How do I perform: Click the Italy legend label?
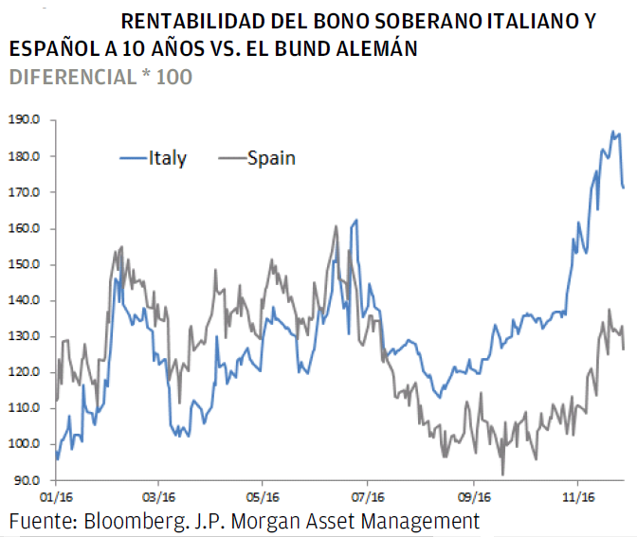pos(168,158)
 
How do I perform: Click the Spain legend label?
pos(271,158)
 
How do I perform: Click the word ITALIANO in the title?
pos(494,21)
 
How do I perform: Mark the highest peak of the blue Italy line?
pos(613,132)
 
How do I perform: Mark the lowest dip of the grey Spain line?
pos(503,474)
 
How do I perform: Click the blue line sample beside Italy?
pos(133,158)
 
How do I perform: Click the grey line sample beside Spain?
pos(231,158)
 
